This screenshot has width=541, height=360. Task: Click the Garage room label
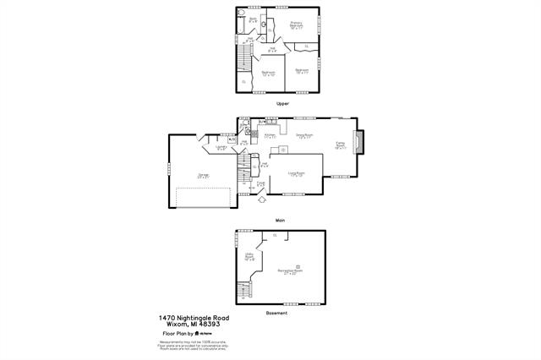coord(203,176)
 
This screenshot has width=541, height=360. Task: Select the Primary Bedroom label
coord(297,25)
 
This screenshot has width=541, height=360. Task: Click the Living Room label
coord(296,173)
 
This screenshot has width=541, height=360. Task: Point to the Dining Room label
coord(304,135)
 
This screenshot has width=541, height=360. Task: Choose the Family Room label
coord(341,145)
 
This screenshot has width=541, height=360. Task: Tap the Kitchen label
coord(270,135)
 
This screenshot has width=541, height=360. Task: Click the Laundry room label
coord(221,147)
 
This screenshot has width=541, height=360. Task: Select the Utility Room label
coord(249,257)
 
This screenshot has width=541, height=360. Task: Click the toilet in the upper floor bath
coord(265,24)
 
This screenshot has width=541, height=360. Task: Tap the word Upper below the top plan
coord(282,103)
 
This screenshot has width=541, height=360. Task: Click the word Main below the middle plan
coord(280,221)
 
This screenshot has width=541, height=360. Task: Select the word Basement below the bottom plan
coord(277,313)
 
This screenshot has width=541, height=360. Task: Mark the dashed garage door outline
coord(205,197)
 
